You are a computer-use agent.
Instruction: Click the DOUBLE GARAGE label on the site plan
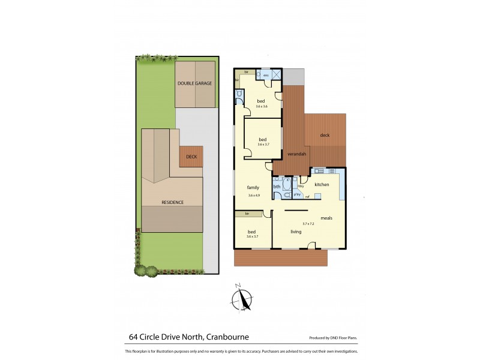[x=194, y=83]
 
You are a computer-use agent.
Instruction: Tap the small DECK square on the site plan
[x=191, y=157]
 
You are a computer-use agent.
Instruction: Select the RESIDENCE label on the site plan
[x=172, y=202]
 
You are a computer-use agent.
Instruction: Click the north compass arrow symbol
[x=243, y=299]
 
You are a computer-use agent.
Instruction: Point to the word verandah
[x=297, y=154]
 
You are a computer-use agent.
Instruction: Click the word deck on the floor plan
[x=325, y=135]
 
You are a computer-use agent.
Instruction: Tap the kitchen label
[x=322, y=184]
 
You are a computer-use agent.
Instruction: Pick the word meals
[x=326, y=218]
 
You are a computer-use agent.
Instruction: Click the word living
[x=296, y=232]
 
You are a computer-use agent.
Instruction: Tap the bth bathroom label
[x=277, y=187]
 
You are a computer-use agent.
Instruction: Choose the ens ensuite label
[x=266, y=75]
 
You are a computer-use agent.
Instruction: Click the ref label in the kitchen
[x=307, y=196]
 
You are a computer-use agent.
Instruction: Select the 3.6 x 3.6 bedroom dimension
[x=262, y=106]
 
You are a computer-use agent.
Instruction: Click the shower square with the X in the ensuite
[x=277, y=75]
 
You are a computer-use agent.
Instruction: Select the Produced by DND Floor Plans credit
[x=334, y=338]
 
